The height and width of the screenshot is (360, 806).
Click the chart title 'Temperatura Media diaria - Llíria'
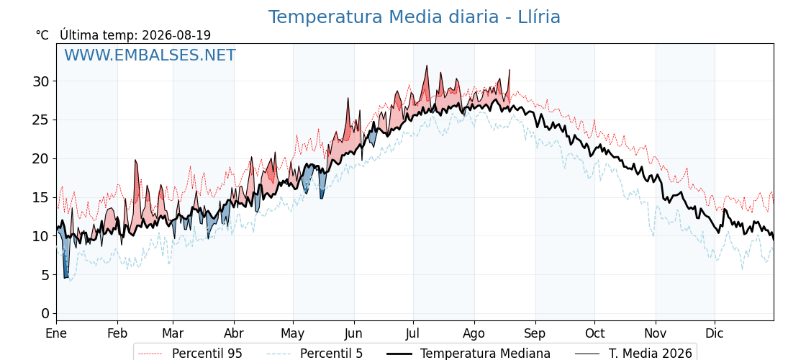[x=415, y=17]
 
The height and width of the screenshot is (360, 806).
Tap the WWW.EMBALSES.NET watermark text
[x=150, y=55]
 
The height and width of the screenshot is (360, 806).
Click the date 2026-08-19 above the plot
[x=176, y=35]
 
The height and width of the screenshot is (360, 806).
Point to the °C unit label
[x=42, y=35]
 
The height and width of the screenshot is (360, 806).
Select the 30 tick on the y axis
[x=42, y=81]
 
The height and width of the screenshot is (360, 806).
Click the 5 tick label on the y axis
[x=46, y=275]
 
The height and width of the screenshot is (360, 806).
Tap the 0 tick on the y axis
[x=46, y=314]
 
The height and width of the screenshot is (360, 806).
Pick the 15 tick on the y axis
[x=42, y=197]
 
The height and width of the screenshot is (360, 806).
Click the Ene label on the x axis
[x=57, y=333]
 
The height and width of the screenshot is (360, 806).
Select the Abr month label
[x=234, y=333]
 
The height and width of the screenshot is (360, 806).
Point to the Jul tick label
[x=413, y=333]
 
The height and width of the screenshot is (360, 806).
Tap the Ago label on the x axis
[x=474, y=334]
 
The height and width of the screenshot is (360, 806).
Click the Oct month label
[x=594, y=333]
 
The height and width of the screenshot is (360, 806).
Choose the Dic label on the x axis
[x=715, y=333]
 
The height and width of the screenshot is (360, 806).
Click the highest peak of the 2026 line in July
[x=427, y=66]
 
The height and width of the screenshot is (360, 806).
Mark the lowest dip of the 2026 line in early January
[x=65, y=278]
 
